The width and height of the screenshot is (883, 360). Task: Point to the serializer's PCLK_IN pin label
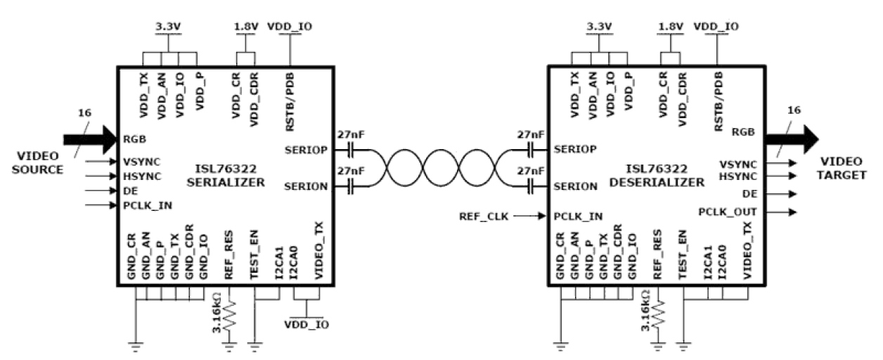coord(147,205)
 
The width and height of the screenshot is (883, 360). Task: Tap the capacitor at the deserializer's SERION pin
coord(532,187)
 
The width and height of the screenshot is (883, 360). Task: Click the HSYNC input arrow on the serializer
coord(98,176)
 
